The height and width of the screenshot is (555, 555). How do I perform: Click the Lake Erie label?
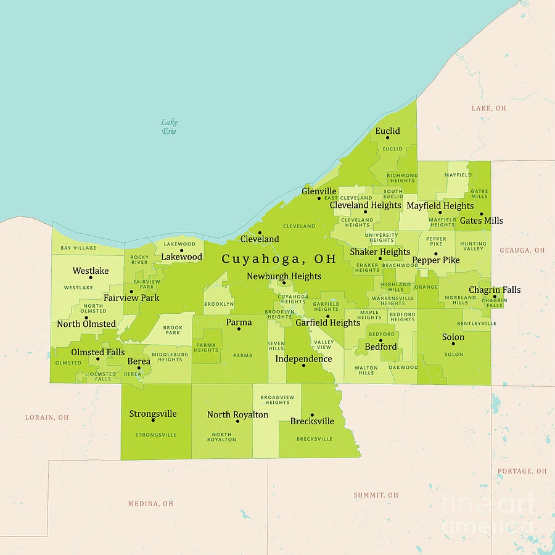(169, 127)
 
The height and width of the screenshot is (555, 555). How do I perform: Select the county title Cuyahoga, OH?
(279, 259)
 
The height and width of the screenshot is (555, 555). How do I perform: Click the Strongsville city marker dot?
(153, 421)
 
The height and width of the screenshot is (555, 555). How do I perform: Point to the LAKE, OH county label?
(488, 109)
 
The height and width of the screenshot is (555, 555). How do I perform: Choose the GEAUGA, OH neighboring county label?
(522, 250)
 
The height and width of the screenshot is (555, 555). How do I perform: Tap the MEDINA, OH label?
(150, 504)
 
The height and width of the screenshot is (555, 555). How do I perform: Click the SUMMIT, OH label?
(376, 495)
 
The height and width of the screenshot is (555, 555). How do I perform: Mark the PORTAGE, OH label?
(522, 471)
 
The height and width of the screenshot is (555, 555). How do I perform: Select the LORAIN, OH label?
(47, 417)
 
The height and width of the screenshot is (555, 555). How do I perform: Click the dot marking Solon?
(453, 343)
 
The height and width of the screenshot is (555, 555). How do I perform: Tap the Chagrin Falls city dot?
(495, 297)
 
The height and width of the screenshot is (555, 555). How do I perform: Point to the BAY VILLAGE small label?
(78, 248)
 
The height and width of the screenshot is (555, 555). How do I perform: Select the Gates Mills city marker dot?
(482, 213)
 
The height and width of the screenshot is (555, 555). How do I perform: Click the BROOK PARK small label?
(172, 330)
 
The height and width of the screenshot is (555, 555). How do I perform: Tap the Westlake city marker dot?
(86, 278)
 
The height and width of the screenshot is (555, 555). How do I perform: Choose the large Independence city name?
(303, 359)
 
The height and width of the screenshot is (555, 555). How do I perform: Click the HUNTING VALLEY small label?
(473, 246)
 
